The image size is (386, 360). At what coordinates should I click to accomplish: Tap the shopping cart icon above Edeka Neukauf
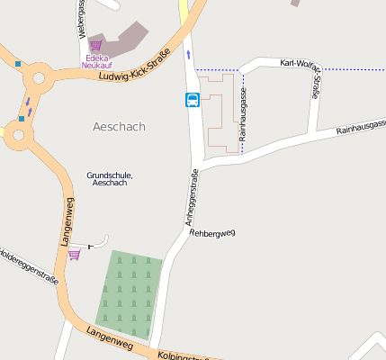[95, 45]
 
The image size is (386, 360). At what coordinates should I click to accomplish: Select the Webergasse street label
[81, 18]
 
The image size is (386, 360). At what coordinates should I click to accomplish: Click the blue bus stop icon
[193, 100]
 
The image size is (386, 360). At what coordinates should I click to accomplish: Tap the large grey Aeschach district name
[119, 127]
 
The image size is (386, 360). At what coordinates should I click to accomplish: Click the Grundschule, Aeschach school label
[110, 178]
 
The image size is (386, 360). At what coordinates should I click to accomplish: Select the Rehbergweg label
[212, 232]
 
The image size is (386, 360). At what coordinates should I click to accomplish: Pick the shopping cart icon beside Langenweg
[74, 255]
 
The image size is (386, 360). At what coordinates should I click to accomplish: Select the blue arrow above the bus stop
[188, 55]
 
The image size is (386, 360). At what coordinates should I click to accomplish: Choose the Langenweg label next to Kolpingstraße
[110, 339]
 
